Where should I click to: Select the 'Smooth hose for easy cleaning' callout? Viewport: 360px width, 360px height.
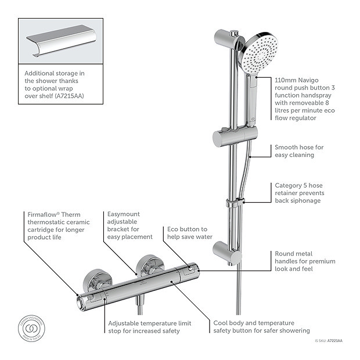pyautogui.click(x=299, y=151)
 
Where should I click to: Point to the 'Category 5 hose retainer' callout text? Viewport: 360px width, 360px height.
pyautogui.click(x=299, y=193)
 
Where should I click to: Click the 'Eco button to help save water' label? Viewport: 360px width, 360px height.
pyautogui.click(x=187, y=233)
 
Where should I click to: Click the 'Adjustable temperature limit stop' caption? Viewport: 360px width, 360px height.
pyautogui.click(x=143, y=327)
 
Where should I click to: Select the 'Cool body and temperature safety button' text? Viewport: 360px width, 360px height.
pyautogui.click(x=253, y=327)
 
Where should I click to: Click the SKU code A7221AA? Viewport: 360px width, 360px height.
pyautogui.click(x=334, y=342)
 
